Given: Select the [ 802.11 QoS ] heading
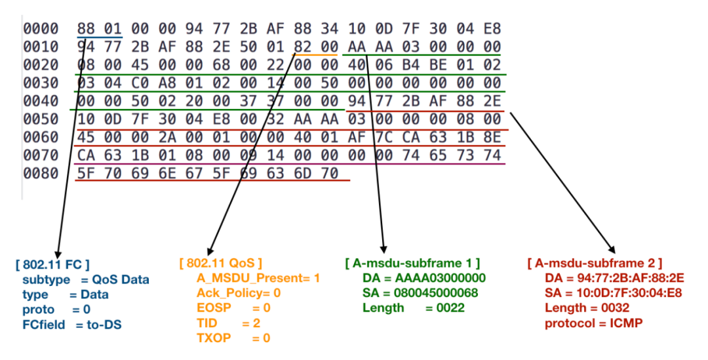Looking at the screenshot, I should pyautogui.click(x=220, y=263).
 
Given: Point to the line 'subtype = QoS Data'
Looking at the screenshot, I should pyautogui.click(x=81, y=280).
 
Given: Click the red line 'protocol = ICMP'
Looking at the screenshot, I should pyautogui.click(x=591, y=323).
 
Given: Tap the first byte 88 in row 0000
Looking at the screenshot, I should pyautogui.click(x=86, y=29).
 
